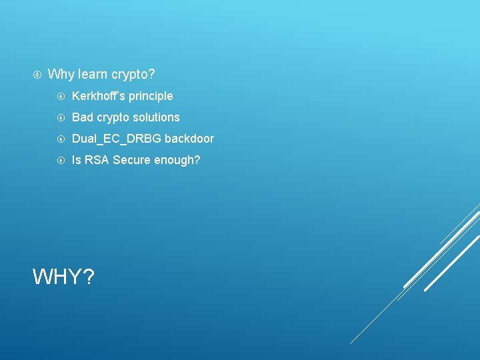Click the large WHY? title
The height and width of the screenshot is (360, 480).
63,276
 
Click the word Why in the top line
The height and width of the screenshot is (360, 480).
61,74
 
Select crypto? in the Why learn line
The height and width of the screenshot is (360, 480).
136,75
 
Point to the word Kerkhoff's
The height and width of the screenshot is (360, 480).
99,96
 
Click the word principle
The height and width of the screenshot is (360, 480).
151,96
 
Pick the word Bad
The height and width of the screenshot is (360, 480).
83,117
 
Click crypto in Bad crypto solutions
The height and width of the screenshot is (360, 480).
115,118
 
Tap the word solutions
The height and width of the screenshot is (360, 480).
157,117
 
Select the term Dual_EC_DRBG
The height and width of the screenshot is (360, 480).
117,139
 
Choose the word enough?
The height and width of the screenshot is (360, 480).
178,160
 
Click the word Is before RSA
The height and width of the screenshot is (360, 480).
76,160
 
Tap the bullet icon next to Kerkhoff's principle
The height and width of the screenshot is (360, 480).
61,96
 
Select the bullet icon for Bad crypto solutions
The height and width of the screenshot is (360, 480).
61,117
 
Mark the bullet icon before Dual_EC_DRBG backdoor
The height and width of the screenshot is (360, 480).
61,139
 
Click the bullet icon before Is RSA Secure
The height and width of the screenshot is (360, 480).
61,160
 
